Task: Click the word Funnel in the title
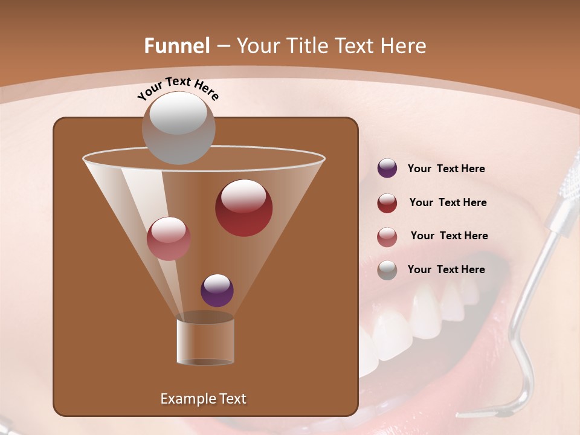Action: pos(176,46)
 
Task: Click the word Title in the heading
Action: pos(306,46)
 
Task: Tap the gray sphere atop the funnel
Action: pos(178,127)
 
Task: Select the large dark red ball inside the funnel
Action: pos(243,208)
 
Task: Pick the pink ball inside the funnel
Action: pos(169,239)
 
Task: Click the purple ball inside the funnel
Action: pos(217,291)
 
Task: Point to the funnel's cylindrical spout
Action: pos(205,341)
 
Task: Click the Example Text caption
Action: pos(203,399)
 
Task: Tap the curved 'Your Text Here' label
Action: pos(178,88)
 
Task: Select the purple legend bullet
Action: pos(387,169)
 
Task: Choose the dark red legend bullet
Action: pos(387,203)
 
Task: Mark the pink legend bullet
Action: pos(387,237)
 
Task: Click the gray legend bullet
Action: pos(387,270)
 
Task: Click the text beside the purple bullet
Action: pos(446,169)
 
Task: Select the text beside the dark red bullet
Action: pos(448,203)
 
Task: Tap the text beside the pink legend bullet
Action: pos(449,236)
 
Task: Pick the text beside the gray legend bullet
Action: pos(446,270)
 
